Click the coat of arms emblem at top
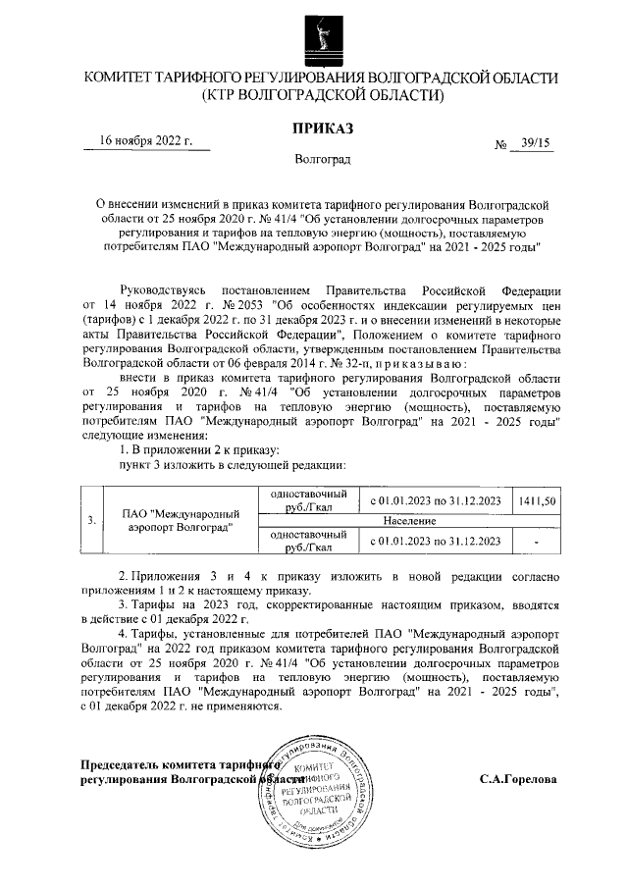tap(322, 34)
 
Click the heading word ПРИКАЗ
tap(322, 129)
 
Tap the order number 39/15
tap(537, 143)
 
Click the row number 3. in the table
tap(91, 520)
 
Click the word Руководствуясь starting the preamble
tap(162, 291)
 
